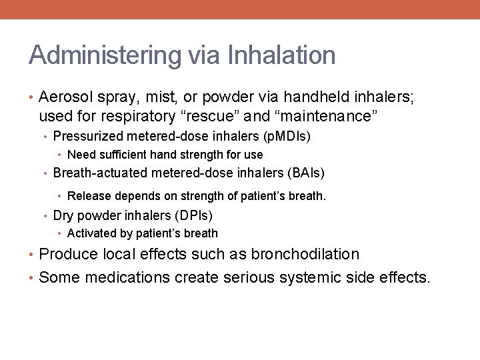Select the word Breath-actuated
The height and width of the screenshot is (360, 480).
point(101,173)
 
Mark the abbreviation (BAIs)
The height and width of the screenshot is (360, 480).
point(306,173)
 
